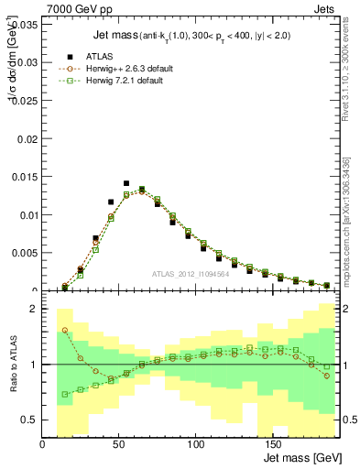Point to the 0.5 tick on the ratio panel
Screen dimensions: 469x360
(28, 420)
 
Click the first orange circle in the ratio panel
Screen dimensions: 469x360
(65, 331)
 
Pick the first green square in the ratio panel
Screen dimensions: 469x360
(65, 395)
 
